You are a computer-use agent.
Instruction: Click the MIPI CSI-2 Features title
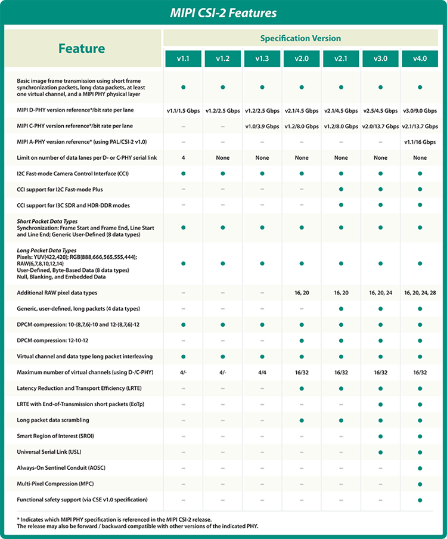[223, 13]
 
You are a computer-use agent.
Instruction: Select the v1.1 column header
[183, 58]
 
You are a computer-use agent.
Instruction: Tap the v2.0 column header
[302, 58]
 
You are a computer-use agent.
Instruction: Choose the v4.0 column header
[420, 58]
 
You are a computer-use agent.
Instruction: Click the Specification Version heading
[300, 38]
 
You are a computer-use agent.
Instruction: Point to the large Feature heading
[82, 49]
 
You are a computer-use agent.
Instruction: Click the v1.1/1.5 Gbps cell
[183, 111]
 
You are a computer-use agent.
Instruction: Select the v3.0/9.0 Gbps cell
[420, 111]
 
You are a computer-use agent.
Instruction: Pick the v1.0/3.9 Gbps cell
[262, 126]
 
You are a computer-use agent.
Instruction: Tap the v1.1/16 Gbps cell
[420, 142]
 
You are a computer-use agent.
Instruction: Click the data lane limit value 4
[183, 158]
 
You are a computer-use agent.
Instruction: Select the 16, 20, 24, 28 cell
[420, 293]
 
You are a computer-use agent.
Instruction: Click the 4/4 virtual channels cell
[262, 372]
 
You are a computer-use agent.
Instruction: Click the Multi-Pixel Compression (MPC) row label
[57, 484]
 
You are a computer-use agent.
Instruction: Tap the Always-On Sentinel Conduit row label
[61, 467]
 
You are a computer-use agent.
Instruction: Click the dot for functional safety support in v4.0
[420, 500]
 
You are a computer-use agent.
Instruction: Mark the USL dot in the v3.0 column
[380, 452]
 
